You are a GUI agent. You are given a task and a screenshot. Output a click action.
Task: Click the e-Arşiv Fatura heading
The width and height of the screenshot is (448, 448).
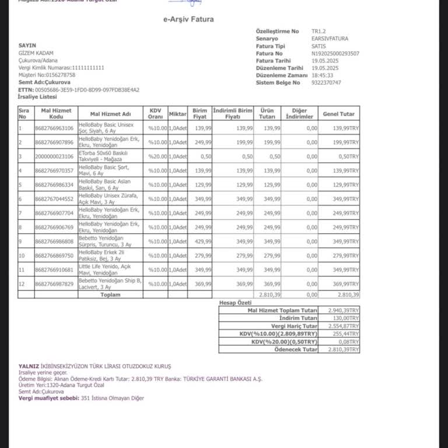pyautogui.click(x=188, y=19)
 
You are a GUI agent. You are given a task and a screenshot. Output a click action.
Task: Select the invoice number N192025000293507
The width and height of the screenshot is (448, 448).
pyautogui.click(x=335, y=53)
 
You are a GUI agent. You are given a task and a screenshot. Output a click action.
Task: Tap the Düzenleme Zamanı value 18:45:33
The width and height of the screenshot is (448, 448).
pyautogui.click(x=323, y=75)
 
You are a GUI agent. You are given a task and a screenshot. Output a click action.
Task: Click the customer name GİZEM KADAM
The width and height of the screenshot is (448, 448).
pyautogui.click(x=36, y=53)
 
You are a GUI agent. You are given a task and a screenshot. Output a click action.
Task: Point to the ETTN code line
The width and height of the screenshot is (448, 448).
pyautogui.click(x=79, y=90)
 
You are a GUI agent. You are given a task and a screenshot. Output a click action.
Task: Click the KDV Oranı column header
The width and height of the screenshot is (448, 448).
pyautogui.click(x=155, y=113)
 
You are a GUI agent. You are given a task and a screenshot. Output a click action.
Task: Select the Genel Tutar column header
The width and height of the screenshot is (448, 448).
pyautogui.click(x=338, y=113)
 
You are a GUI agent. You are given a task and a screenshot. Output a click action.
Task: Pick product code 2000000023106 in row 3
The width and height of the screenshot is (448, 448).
pyautogui.click(x=54, y=156)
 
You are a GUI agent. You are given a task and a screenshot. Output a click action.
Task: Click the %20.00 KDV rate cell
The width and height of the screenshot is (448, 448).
pyautogui.click(x=157, y=156)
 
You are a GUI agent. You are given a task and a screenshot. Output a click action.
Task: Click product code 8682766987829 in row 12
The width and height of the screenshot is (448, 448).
pyautogui.click(x=54, y=284)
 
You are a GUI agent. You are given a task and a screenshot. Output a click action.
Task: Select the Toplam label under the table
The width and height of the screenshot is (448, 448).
pyautogui.click(x=110, y=295)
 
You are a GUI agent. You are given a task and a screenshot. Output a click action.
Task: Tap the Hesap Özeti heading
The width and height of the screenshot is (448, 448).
pyautogui.click(x=235, y=303)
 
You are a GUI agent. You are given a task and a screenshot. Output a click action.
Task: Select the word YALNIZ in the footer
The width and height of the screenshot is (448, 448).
pyautogui.click(x=29, y=366)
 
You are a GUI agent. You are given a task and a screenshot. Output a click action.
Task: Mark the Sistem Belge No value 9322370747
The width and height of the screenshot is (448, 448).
pyautogui.click(x=326, y=83)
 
